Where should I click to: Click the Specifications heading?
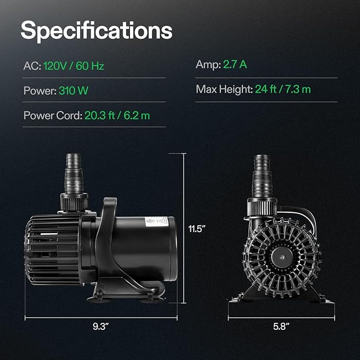[96, 31]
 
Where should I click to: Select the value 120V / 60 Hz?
[74, 66]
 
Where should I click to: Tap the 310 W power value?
[74, 91]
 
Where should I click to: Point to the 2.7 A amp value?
[235, 64]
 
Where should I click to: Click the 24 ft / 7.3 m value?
[283, 89]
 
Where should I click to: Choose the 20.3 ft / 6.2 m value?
[117, 115]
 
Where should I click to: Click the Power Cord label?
[53, 115]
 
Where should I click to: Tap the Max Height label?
[224, 89]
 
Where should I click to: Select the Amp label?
[208, 65]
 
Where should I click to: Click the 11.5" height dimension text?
[197, 229]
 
